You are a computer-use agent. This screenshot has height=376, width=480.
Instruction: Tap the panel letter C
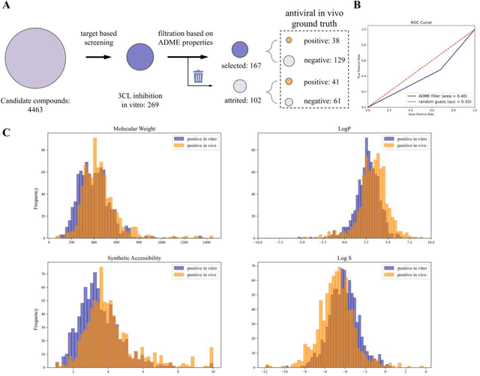point(7,133)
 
